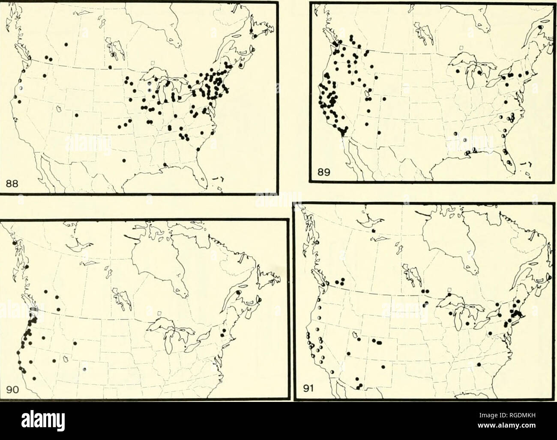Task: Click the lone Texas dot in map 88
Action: pyautogui.click(x=124, y=161)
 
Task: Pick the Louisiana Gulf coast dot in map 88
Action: pyautogui.click(x=165, y=165)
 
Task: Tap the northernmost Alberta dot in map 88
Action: pyautogui.click(x=66, y=44)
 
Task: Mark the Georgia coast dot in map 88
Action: pyautogui.click(x=198, y=150)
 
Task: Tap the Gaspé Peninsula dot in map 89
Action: pyautogui.click(x=541, y=39)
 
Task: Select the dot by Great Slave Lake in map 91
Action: pyautogui.click(x=374, y=231)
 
